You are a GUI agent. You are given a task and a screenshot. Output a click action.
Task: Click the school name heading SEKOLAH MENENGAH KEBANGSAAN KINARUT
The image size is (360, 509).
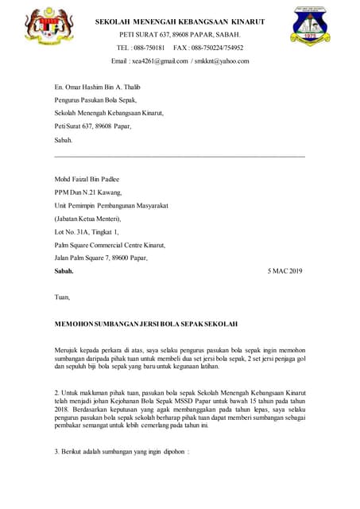tap(180, 21)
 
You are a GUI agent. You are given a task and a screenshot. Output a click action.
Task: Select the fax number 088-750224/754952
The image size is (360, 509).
tap(215, 48)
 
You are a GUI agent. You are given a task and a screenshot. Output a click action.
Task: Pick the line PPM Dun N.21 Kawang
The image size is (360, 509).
tap(88, 193)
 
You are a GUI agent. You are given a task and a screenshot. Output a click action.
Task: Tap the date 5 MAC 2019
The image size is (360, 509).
tap(286, 271)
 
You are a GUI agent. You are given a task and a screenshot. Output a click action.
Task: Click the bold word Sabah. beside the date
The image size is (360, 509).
tap(64, 271)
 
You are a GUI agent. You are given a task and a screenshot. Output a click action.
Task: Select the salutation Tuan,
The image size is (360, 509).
tap(62, 297)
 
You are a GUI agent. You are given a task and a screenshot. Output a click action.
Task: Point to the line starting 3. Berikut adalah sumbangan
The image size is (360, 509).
tap(122, 451)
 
